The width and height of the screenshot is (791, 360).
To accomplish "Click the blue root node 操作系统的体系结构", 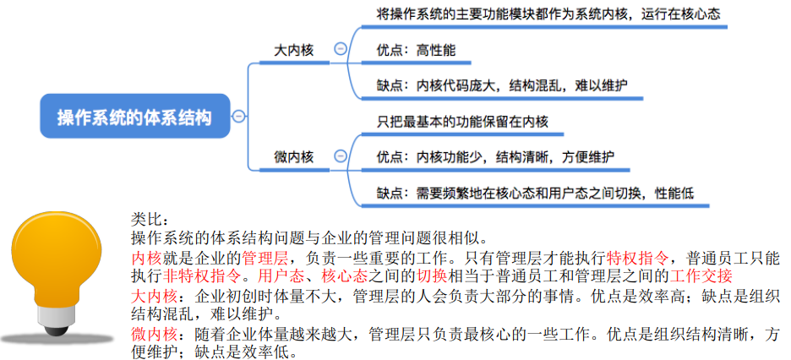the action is pos(134,116).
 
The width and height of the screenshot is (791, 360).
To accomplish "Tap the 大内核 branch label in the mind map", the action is pos(293,51).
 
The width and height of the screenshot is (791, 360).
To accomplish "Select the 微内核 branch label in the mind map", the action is pos(293,157).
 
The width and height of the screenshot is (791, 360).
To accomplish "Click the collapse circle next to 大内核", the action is pos(341,49).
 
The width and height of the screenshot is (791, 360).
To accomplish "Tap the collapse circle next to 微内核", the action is pos(341,155).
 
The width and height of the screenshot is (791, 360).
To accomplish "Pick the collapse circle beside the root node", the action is pos(238,117).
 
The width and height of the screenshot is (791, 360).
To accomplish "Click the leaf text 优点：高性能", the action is pos(416,51).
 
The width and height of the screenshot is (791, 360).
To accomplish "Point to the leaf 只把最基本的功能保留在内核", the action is pos(462,122).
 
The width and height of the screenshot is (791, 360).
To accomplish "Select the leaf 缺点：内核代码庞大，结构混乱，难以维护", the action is pos(502,85).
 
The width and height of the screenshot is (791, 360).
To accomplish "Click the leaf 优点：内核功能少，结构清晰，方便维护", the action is pos(495,157).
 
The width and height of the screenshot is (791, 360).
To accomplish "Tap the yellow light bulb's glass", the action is pos(56,257).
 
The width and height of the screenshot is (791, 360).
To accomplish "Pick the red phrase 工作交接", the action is pos(701,275).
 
